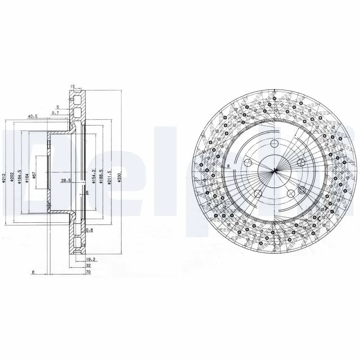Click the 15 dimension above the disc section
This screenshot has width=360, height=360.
tap(72, 86)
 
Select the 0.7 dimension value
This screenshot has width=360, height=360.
tap(55, 112)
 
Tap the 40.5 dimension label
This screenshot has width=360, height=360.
tap(32, 116)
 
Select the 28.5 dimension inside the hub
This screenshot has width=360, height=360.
tap(66, 181)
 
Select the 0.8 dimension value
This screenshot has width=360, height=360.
tap(89, 230)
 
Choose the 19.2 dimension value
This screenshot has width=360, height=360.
tap(90, 260)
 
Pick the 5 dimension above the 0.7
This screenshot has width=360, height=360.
tap(58, 107)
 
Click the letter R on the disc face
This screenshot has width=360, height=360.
tap(229, 166)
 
